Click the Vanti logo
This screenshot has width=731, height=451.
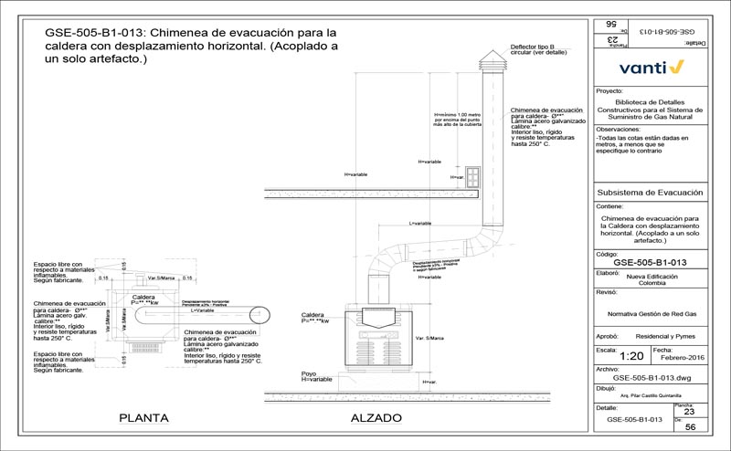click(651, 67)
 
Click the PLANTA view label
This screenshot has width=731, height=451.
click(143, 419)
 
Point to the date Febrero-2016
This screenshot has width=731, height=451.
click(677, 356)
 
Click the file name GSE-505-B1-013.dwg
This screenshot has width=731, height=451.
click(650, 377)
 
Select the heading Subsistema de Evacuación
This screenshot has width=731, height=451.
click(649, 194)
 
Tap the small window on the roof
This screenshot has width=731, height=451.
click(473, 174)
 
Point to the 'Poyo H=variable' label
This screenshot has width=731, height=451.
click(316, 377)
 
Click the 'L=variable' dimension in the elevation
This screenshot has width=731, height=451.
click(420, 224)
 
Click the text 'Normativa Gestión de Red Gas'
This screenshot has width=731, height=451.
click(650, 313)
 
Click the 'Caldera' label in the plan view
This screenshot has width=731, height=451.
click(143, 297)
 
